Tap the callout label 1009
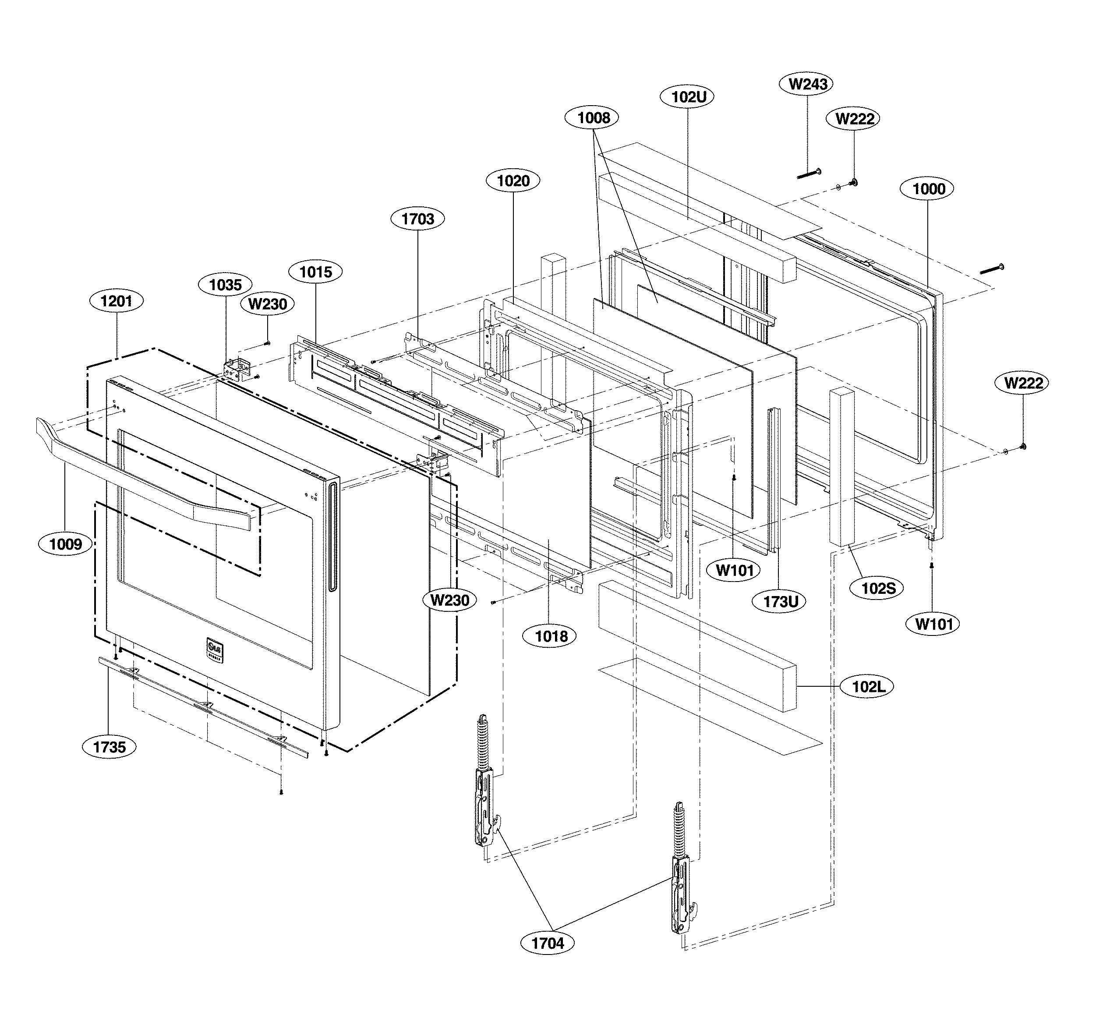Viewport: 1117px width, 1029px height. coord(65,543)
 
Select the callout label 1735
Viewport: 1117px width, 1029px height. coord(109,747)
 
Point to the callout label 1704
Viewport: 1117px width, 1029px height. coord(548,943)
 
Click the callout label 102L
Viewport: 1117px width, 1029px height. coord(868,687)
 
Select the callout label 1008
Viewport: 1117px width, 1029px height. coord(594,117)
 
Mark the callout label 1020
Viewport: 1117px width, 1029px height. coord(513,181)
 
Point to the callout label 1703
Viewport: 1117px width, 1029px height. coord(417,219)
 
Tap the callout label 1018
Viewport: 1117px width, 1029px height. coord(551,636)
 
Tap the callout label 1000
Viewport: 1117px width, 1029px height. coord(928,189)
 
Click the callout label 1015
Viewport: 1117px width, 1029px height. coord(315,272)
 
